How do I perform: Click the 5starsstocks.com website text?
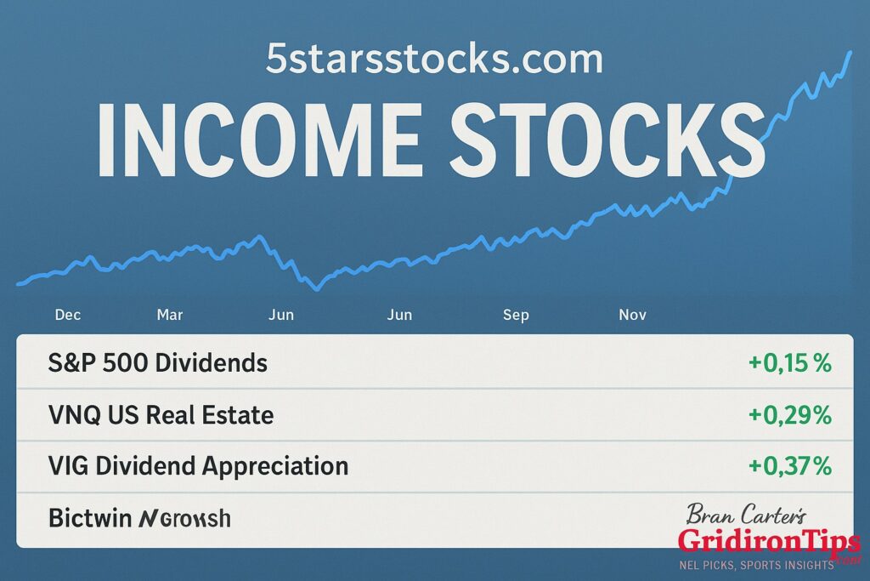coord(434,60)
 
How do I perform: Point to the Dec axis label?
coord(68,315)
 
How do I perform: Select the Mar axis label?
coord(170,315)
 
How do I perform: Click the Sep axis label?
coord(516,315)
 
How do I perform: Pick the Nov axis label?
coord(632,315)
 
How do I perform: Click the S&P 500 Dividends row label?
coord(158,364)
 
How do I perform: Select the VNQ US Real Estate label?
coord(161,415)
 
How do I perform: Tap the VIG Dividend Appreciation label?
coord(199,466)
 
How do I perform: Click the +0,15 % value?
coord(789,364)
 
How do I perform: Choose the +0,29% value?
coord(789,415)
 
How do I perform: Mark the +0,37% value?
coord(789,466)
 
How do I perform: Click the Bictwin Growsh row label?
coord(139,517)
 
